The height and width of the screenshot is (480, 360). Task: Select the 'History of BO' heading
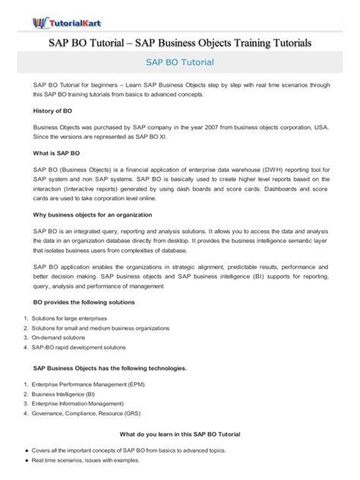(x=56, y=110)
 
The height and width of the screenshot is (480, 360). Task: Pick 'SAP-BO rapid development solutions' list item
(x=78, y=346)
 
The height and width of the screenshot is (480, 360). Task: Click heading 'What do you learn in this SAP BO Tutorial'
(x=180, y=434)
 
